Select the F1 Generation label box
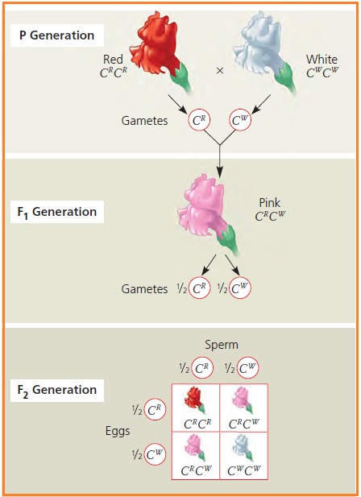click(x=59, y=213)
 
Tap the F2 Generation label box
click(x=59, y=391)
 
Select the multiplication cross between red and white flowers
click(x=219, y=70)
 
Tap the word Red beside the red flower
click(x=113, y=60)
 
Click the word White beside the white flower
click(x=322, y=60)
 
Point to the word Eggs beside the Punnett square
click(x=117, y=431)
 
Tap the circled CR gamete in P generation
click(x=199, y=121)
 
